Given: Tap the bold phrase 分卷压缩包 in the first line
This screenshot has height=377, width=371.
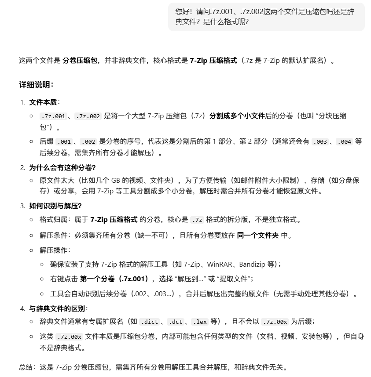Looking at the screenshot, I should tap(80, 61).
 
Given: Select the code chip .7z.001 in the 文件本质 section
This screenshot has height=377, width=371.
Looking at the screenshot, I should tap(53, 116).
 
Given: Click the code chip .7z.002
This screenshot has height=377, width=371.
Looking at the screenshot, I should tap(88, 116).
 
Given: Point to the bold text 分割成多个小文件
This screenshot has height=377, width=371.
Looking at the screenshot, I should tap(237, 116).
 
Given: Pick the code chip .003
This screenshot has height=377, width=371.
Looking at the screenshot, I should tap(320, 142).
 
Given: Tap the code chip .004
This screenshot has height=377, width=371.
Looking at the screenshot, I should tap(344, 142).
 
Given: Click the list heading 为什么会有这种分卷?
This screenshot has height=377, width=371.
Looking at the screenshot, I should tap(62, 168).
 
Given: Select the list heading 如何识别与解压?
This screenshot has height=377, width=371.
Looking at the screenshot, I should tap(55, 206).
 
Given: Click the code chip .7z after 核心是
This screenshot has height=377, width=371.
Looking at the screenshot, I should tap(198, 220).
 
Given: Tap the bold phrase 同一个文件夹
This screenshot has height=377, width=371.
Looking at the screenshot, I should tap(257, 235).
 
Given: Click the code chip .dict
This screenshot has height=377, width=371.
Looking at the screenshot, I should tap(149, 322).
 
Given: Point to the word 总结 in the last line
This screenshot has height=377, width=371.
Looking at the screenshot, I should tap(25, 367).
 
